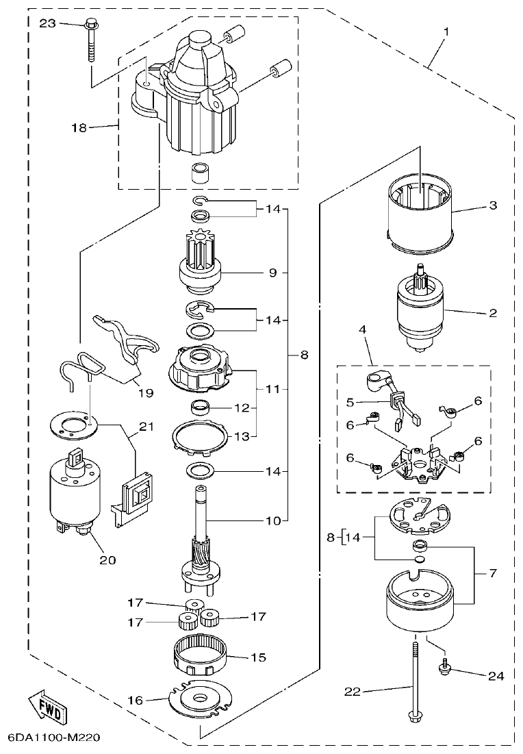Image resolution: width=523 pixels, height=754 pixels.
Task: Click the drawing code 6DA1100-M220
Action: coord(55,738)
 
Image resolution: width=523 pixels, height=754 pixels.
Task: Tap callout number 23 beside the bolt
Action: coord(47,23)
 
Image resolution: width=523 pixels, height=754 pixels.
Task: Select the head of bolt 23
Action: coord(91,26)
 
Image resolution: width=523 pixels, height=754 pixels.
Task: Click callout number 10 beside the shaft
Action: coord(273,520)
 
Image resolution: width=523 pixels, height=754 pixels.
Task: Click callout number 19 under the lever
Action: coord(144,393)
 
